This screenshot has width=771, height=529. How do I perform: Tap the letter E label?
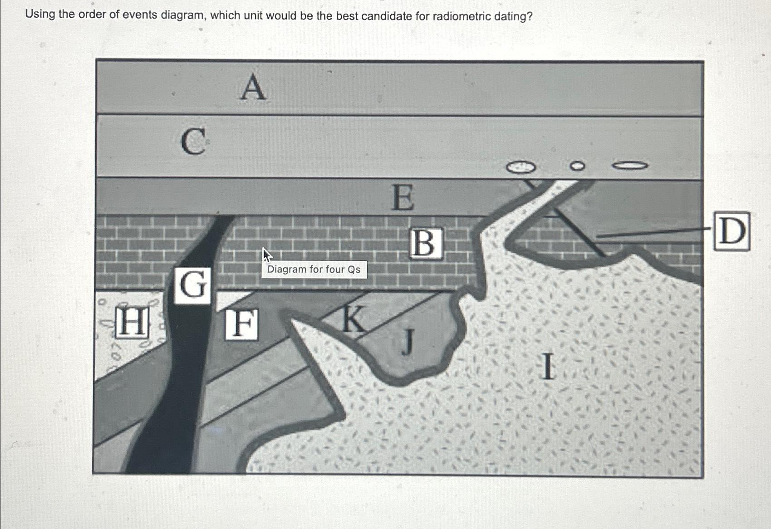coord(403,198)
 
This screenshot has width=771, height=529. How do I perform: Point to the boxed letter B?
coord(425,243)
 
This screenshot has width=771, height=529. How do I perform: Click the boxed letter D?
coord(732,231)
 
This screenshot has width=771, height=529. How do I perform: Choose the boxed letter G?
coord(193,285)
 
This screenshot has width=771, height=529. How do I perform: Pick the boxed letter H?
coord(132,322)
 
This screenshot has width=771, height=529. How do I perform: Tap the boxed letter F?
coord(242,324)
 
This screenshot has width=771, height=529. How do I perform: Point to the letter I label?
coord(548,367)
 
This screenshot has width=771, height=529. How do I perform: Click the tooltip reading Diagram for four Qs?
coord(314,269)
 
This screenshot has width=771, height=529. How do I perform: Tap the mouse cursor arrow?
coord(266,255)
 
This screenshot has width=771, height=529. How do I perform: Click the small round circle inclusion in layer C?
coord(577,166)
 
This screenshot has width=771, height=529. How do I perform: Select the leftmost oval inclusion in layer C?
coord(521,167)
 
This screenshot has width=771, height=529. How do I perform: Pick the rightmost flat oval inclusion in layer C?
coord(630,166)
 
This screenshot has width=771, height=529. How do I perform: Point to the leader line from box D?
coord(653,233)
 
